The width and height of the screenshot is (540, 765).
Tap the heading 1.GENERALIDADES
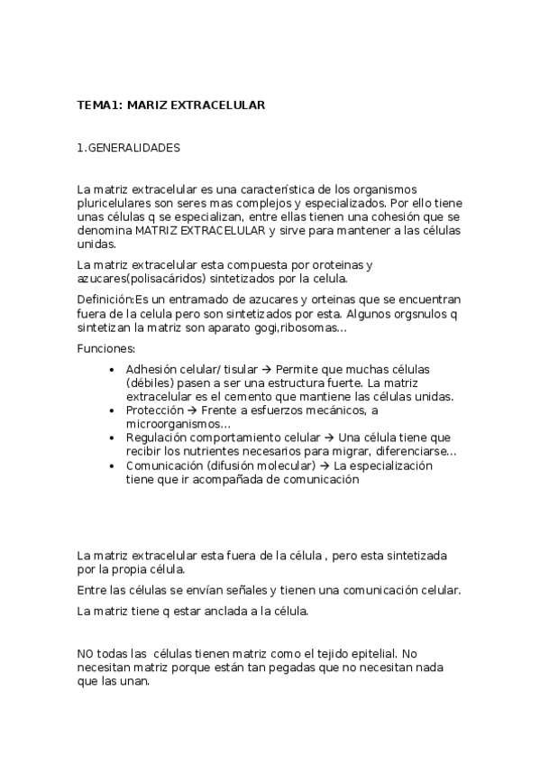pos(129,147)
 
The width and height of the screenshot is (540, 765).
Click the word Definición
pos(105,299)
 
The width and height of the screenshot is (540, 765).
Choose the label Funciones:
pos(106,348)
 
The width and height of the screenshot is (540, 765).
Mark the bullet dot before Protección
pos(111,410)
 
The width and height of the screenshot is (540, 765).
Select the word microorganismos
pos(178,424)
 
